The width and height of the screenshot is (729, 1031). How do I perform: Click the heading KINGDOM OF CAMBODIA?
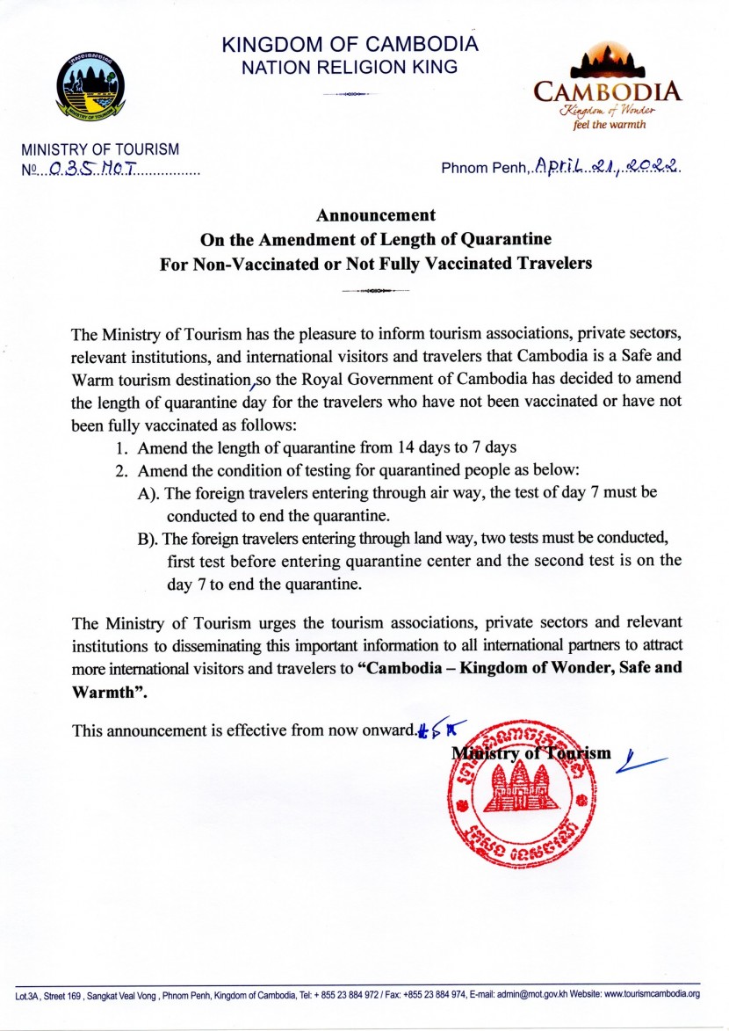coord(350,45)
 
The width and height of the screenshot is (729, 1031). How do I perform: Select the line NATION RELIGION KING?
coord(350,67)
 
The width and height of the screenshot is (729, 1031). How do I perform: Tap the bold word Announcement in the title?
coord(376,214)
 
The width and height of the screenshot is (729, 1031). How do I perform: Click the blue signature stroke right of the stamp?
coord(640,761)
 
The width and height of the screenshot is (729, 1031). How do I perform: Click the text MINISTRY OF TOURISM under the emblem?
coord(100,150)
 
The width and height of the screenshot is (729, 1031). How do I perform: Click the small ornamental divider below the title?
coord(376,290)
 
